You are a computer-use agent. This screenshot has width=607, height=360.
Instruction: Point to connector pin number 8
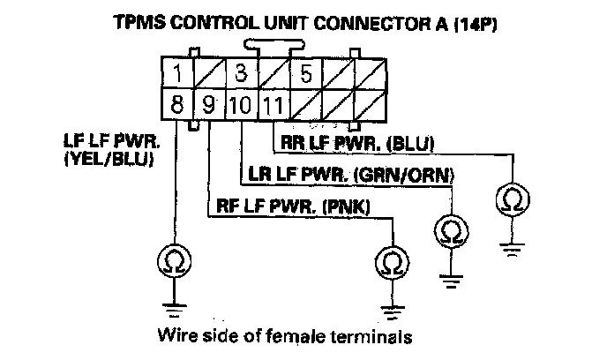(x=176, y=106)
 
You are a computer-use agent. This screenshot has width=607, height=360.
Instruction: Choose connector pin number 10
(x=240, y=106)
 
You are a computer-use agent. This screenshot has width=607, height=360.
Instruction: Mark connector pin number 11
(x=273, y=106)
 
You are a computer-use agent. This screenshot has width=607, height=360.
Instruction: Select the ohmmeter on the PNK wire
(x=389, y=262)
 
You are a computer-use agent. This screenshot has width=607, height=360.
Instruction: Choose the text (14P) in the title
(x=474, y=24)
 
